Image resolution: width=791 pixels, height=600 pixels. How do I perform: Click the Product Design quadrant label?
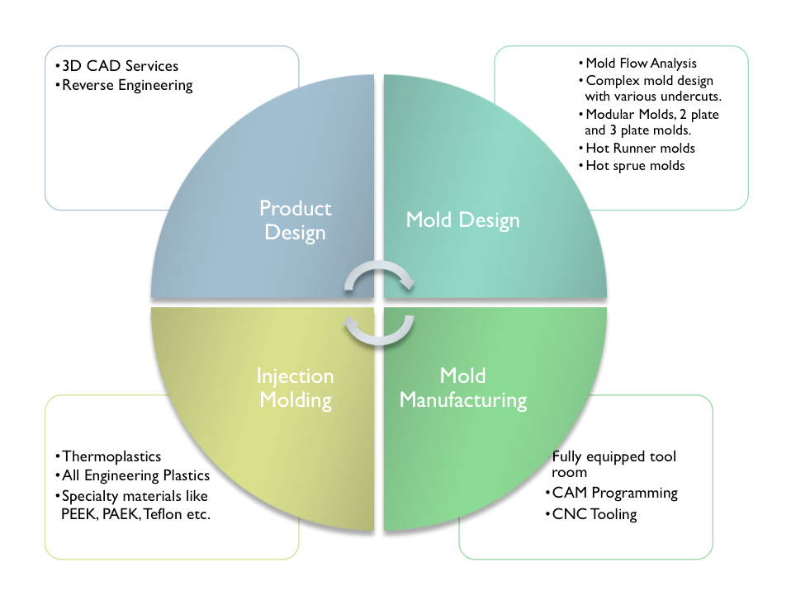click(x=295, y=220)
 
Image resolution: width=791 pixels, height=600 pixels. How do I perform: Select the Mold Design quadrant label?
click(x=462, y=220)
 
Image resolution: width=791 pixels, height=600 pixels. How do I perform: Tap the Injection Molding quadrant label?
click(x=295, y=388)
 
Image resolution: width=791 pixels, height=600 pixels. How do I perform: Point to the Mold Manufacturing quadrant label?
click(x=462, y=388)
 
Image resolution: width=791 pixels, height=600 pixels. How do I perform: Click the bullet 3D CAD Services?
click(x=120, y=66)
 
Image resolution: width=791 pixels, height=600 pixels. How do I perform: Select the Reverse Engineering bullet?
click(x=127, y=84)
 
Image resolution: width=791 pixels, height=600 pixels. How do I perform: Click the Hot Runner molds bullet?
click(x=640, y=149)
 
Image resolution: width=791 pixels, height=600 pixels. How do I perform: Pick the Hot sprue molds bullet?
click(x=635, y=165)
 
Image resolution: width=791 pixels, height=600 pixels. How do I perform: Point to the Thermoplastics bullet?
click(x=111, y=456)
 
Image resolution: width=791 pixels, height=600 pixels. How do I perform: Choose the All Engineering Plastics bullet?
click(x=135, y=475)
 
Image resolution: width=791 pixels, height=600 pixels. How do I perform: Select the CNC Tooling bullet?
click(x=594, y=514)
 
